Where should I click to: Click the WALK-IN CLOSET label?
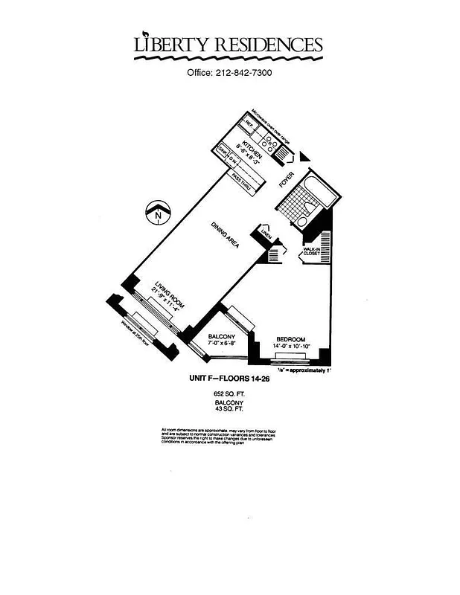tap(310, 251)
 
